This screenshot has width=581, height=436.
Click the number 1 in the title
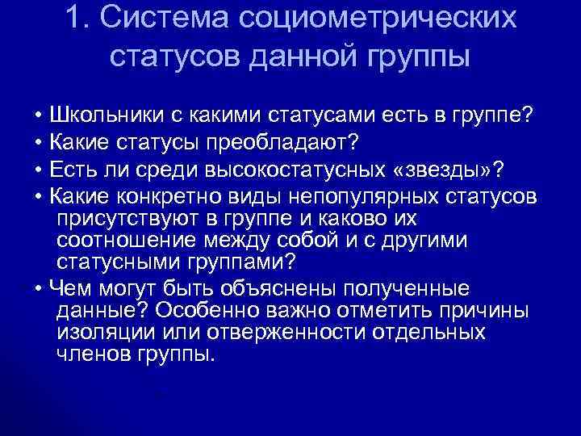(74, 18)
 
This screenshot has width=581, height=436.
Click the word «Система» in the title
(156, 18)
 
